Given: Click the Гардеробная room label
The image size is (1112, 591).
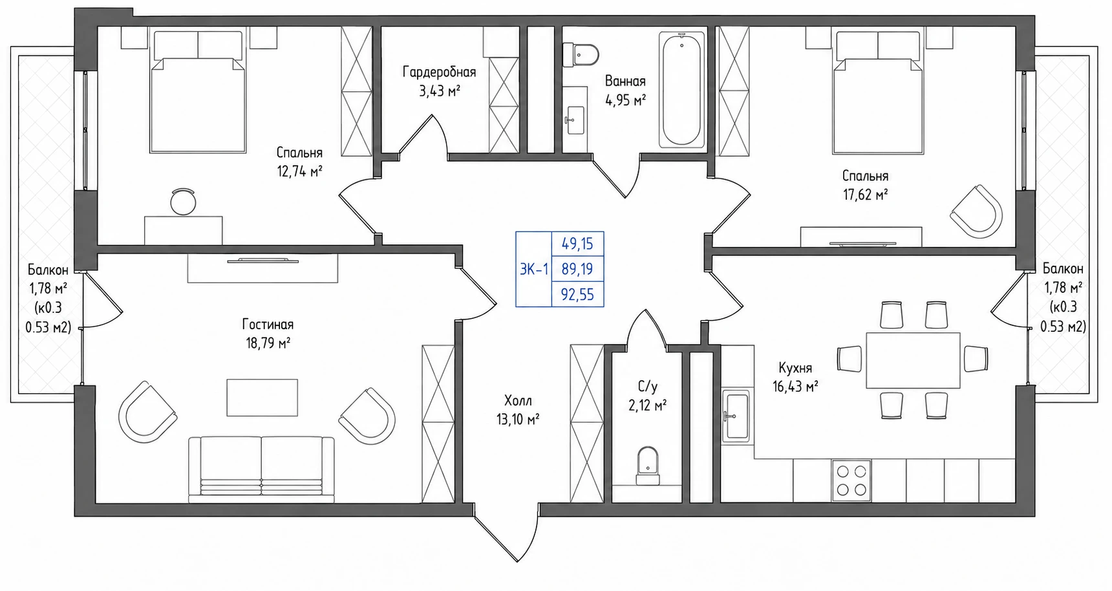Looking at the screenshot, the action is (x=439, y=72).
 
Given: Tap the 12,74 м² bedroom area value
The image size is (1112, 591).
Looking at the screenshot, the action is (x=299, y=171).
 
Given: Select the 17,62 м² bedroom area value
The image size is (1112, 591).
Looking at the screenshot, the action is (x=865, y=194).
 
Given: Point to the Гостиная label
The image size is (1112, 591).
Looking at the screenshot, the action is (x=268, y=325).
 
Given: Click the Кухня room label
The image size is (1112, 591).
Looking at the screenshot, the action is (x=795, y=368).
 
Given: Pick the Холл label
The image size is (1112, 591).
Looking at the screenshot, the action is (x=518, y=401).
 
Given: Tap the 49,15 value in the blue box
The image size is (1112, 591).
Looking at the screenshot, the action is (x=577, y=244).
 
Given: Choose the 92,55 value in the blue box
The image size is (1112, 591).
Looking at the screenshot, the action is (x=577, y=295).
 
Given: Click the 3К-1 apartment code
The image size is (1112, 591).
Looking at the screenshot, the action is (x=534, y=269).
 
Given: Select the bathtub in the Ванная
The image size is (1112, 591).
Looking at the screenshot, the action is (x=681, y=91).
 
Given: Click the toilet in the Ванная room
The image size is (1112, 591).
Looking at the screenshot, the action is (x=580, y=54).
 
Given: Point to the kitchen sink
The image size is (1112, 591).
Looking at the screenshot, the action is (x=736, y=416).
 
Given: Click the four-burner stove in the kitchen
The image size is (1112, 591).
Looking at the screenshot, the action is (x=851, y=480).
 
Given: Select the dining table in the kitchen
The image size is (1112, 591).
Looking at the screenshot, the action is (x=913, y=360).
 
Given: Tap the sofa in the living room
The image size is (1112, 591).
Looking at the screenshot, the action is (x=261, y=469).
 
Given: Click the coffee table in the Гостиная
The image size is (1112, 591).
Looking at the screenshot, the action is (x=262, y=397).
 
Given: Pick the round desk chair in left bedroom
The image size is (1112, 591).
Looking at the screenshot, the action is (x=183, y=201).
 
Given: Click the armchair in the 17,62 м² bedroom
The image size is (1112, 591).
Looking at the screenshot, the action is (x=976, y=211).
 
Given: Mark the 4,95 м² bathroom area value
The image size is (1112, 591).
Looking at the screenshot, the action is (x=625, y=100).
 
